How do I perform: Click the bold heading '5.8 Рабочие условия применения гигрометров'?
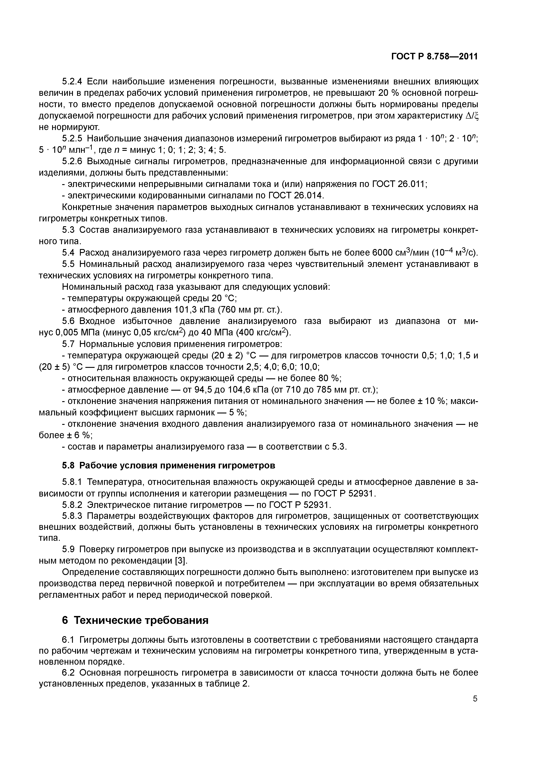tap(169, 466)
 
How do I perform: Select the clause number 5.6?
tap(69, 321)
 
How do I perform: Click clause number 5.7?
tap(69, 344)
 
